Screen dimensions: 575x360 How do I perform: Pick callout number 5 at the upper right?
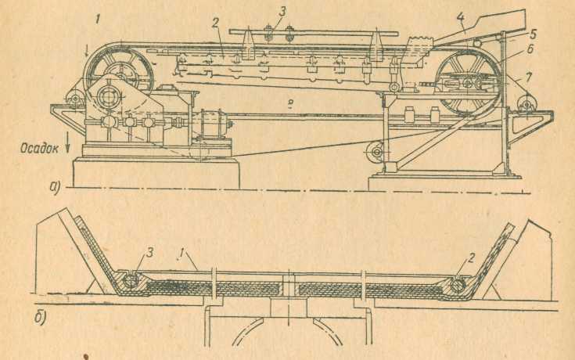(x=512, y=34)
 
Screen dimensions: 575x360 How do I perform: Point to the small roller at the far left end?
(x=73, y=99)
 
